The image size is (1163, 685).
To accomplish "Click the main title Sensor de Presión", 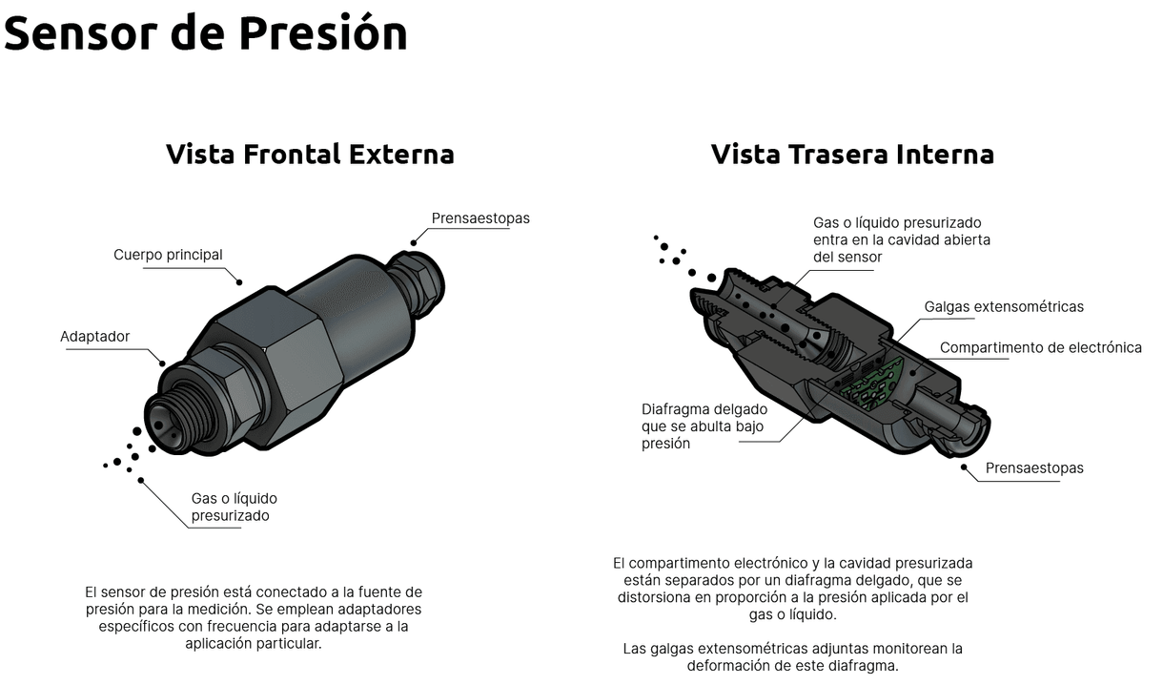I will [205, 32].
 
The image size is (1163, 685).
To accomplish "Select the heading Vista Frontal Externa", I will [310, 154].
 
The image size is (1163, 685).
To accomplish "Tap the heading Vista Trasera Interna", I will [852, 154].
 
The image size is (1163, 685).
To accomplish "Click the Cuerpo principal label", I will [168, 255].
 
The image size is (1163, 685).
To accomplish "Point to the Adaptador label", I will [94, 337].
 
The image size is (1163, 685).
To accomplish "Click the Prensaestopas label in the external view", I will [480, 218].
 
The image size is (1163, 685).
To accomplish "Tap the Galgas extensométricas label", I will [1004, 306].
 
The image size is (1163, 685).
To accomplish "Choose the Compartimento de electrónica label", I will [1040, 347].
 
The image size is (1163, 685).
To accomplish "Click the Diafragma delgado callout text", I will [704, 426].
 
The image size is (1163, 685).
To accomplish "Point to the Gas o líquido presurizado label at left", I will [234, 507].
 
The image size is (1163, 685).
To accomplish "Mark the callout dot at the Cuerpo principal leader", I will [239, 281].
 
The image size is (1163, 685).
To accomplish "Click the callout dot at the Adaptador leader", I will [162, 363].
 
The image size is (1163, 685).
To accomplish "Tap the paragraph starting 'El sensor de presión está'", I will [254, 617].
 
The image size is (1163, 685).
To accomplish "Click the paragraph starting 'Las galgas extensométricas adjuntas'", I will [792, 656].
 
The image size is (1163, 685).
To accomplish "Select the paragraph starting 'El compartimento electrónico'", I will [792, 589].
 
